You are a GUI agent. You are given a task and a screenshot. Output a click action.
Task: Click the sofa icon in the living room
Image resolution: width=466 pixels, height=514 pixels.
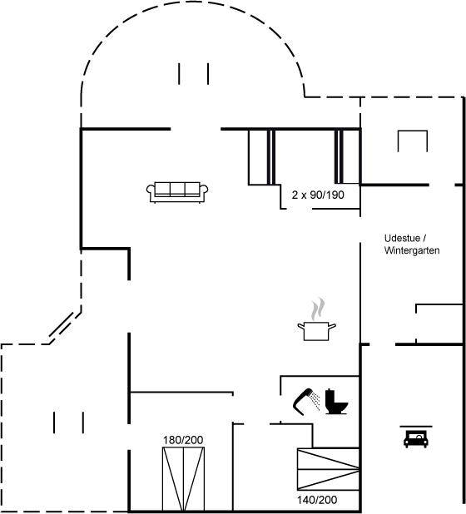pos(177,192)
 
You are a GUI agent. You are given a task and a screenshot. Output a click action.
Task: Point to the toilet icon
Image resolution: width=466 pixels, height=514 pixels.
pos(336,401)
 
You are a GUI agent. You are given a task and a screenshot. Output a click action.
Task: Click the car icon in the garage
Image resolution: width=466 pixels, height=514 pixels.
pos(416,439)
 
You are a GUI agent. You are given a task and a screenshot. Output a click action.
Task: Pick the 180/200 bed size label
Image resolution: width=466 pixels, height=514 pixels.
pos(183,440)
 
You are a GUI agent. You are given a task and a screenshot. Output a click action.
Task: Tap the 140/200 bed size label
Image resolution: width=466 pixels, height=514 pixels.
pos(317,500)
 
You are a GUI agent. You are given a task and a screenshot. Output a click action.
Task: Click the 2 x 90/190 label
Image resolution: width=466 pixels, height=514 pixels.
pos(318,195)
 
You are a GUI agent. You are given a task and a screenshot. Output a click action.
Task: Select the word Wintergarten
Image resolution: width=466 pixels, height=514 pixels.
pos(412,250)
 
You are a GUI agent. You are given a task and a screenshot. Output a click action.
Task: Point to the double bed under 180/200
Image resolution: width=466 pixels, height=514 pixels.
pos(183,479)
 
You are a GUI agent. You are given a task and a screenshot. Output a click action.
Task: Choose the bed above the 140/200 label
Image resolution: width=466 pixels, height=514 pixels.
pos(328,469)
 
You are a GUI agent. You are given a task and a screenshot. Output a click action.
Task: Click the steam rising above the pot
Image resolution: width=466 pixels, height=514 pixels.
pos(318,309)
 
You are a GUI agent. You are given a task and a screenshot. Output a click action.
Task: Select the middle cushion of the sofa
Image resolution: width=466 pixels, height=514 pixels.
pos(177,189)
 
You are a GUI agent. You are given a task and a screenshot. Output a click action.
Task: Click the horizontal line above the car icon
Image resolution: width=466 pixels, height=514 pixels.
pos(416,427)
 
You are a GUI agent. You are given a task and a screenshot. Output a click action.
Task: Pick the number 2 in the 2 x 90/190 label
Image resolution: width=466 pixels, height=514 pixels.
pos(295,195)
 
